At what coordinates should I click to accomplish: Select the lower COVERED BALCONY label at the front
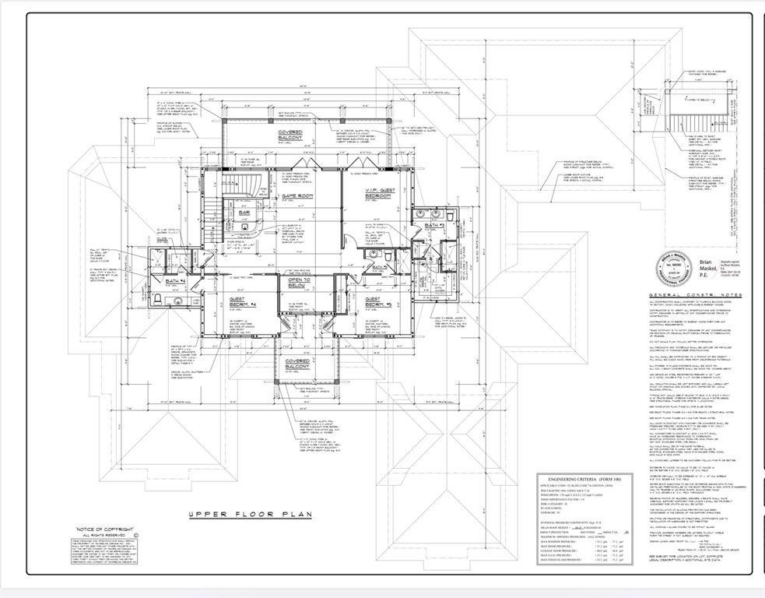[297, 364]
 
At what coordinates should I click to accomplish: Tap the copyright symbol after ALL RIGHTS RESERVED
[137, 536]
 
